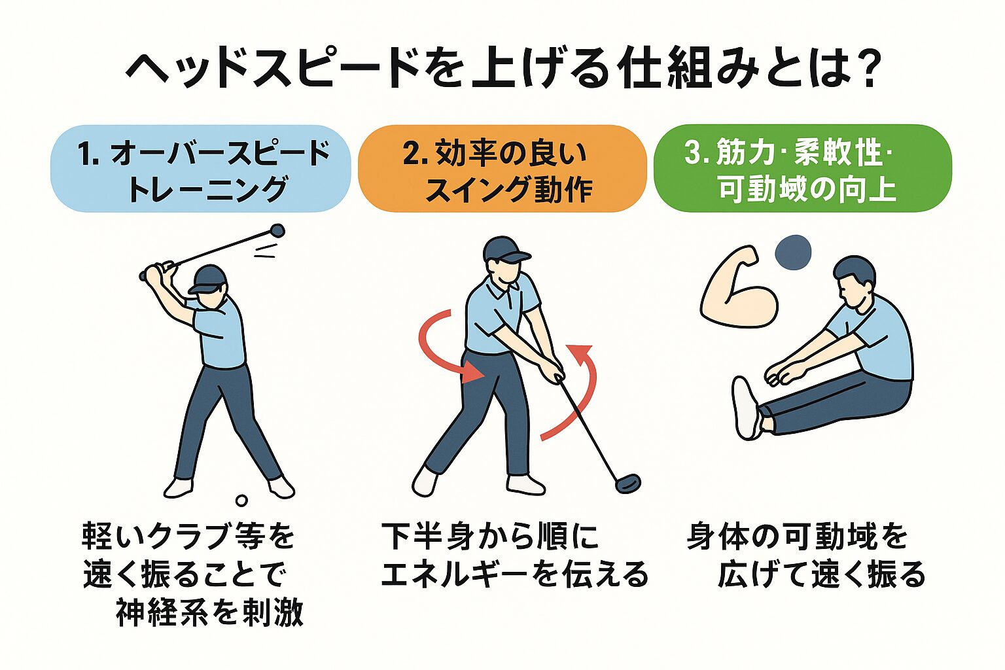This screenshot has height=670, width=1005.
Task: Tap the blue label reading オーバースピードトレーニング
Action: point(201,169)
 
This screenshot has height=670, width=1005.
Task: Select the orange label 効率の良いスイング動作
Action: point(502,169)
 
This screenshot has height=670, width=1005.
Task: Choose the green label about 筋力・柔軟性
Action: point(803,169)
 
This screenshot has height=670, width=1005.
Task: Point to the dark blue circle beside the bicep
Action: point(793,252)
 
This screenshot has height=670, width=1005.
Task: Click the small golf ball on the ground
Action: point(242,501)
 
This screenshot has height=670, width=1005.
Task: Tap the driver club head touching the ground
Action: point(627,484)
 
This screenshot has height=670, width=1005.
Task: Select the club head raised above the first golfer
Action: point(277,230)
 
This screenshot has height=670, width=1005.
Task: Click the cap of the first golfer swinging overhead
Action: point(207,279)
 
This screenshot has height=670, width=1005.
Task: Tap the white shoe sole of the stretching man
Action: point(747,408)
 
